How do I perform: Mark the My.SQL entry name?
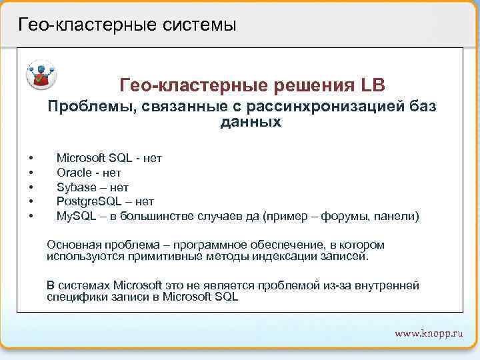(76, 216)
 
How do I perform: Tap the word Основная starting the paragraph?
(72, 245)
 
